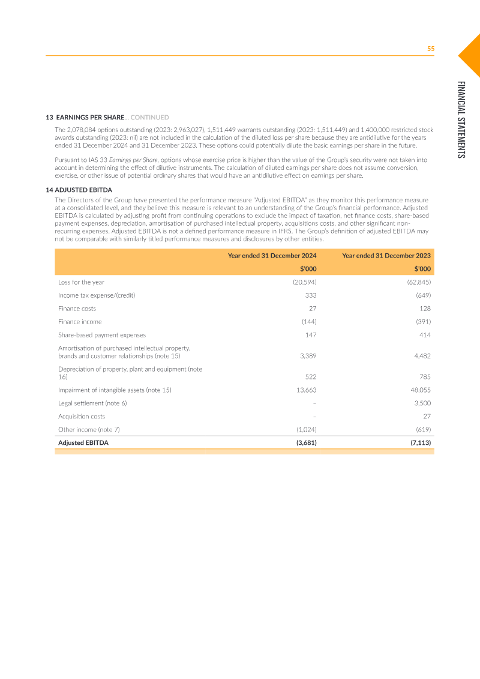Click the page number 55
[x=430, y=49]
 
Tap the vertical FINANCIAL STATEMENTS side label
[x=460, y=119]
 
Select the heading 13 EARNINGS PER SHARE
[x=85, y=117]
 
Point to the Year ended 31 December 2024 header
[x=272, y=256]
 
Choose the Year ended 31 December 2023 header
[x=386, y=256]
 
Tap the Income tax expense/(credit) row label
[x=93, y=295]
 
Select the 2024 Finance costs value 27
[x=313, y=309]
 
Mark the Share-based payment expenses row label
[x=102, y=335]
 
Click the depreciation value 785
[x=425, y=377]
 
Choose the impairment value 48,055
[x=421, y=390]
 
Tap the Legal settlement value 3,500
[x=422, y=403]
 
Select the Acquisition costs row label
[x=82, y=416]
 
